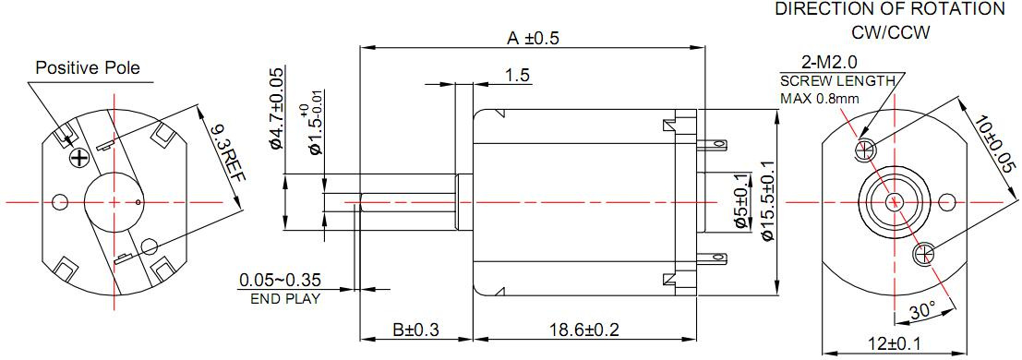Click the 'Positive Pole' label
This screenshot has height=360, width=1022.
pyautogui.click(x=88, y=67)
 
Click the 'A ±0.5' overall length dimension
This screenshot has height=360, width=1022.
pyautogui.click(x=534, y=38)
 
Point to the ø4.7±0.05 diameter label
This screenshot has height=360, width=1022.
pyautogui.click(x=276, y=109)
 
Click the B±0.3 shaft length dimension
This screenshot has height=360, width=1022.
pyautogui.click(x=415, y=330)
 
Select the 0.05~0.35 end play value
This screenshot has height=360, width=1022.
pyautogui.click(x=280, y=281)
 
